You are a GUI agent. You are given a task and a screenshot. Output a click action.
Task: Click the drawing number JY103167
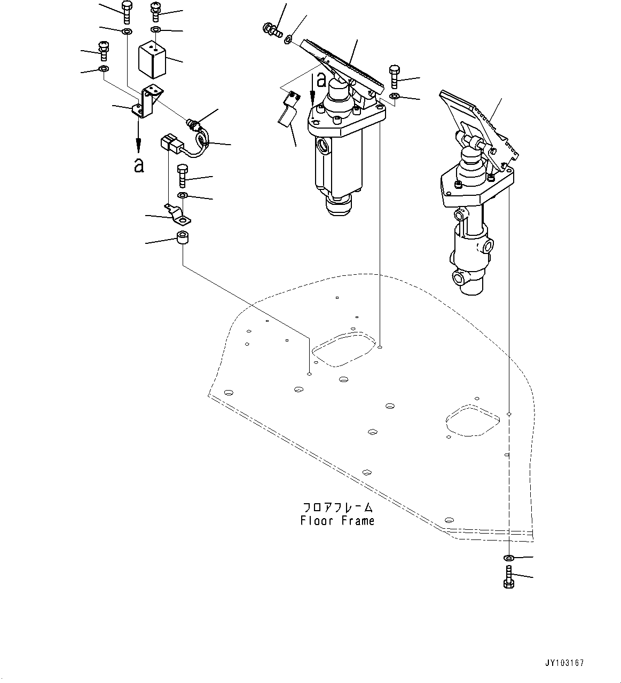pos(565,663)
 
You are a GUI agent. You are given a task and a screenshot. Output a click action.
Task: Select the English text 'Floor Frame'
pos(337,521)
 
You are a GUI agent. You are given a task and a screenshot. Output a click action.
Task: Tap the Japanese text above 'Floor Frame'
pos(337,507)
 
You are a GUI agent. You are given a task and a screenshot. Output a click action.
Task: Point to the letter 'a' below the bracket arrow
pos(139,165)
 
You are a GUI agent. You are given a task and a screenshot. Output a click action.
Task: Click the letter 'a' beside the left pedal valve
pos(321,80)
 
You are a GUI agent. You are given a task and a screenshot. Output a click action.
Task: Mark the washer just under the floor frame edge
pos(509,558)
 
